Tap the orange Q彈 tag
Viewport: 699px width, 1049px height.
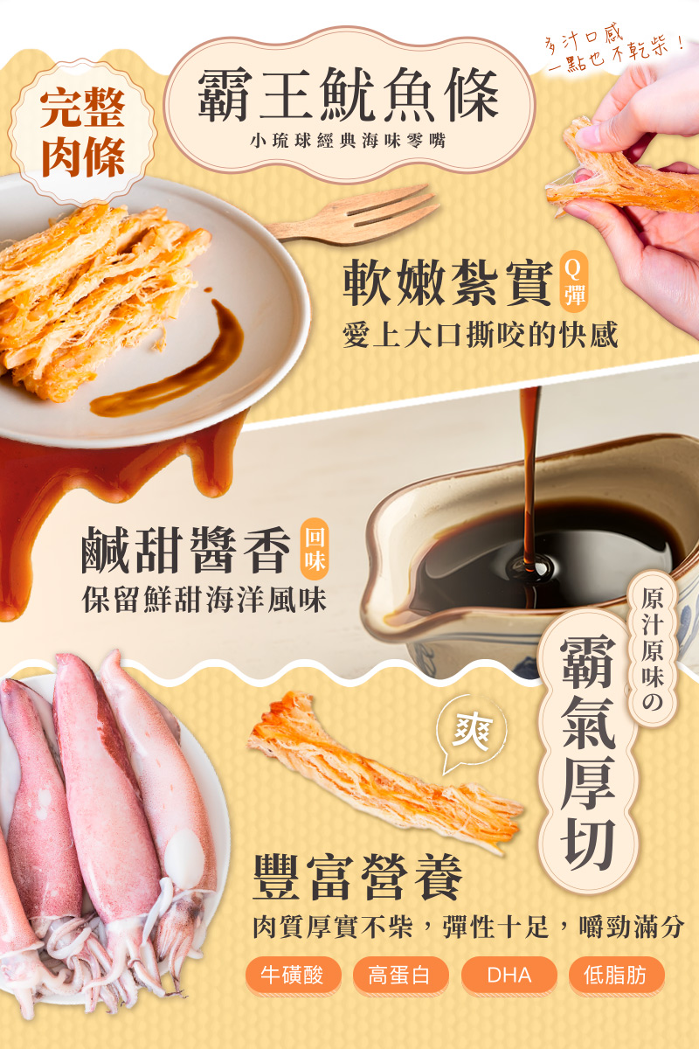(573, 281)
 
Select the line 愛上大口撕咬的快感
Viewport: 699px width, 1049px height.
(480, 336)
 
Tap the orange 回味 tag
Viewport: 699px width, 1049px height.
(314, 549)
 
